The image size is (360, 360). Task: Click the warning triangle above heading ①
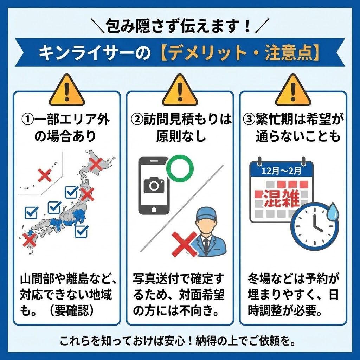point(67,91)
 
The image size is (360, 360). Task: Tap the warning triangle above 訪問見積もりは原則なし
point(180,91)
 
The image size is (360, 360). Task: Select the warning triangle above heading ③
point(293,91)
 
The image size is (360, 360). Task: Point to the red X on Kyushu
point(29,240)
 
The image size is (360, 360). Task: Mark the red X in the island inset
point(44,175)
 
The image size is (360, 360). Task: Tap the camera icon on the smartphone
point(154,185)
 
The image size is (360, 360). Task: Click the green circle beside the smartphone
point(180,168)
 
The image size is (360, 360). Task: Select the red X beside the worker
point(184,243)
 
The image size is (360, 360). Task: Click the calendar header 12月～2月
point(281,171)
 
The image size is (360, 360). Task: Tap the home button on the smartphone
point(154,211)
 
